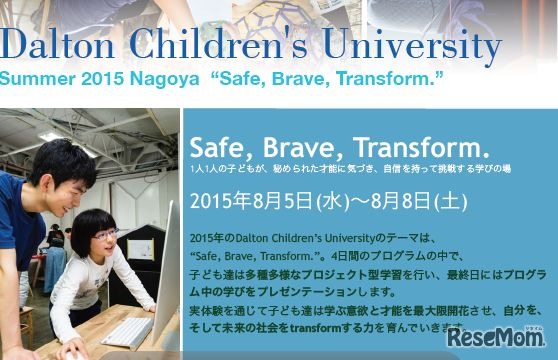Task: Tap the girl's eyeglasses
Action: [x=106, y=235]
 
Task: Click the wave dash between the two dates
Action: [x=358, y=199]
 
